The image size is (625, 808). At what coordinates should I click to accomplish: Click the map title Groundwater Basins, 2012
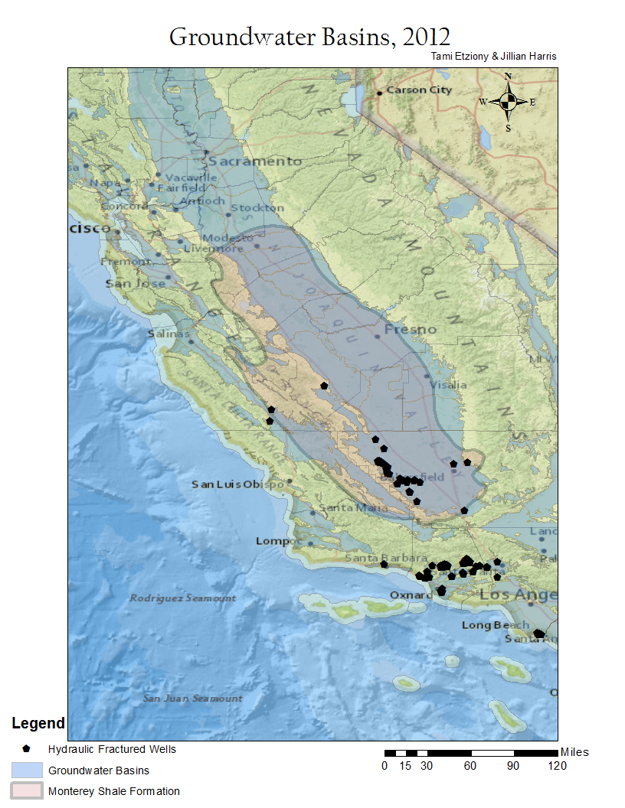coord(309,36)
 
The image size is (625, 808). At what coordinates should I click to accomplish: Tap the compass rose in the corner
coord(508,101)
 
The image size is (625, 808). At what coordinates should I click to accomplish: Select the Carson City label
coord(419,90)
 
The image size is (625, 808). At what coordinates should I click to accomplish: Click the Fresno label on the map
coord(411,330)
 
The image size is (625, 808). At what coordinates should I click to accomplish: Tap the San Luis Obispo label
coord(237,484)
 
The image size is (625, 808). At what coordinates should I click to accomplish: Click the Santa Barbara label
coord(374,557)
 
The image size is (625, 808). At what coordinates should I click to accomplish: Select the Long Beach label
coord(496,625)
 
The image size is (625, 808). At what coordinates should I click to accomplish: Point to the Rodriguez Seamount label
coord(183,598)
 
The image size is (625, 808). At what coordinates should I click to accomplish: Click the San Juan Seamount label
coord(192,698)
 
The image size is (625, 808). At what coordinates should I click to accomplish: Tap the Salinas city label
coord(169,334)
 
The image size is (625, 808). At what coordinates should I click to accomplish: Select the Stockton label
coord(257,208)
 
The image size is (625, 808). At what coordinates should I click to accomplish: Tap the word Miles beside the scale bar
coord(574,752)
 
